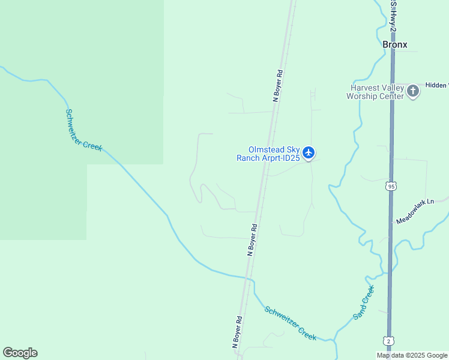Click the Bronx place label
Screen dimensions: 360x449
tap(395, 44)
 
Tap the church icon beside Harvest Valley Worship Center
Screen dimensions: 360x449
tap(413, 91)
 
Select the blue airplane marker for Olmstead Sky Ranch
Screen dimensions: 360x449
tap(309, 153)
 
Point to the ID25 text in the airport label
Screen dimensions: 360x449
tap(291, 158)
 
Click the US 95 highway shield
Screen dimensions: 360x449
tap(391, 187)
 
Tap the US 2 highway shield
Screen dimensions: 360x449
tap(388, 341)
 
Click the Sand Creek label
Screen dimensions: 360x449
tap(363, 302)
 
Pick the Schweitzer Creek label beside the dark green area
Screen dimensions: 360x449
tap(83, 130)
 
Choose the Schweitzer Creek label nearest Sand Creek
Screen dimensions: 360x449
tap(291, 324)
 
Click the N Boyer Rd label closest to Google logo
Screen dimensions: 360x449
tap(237, 332)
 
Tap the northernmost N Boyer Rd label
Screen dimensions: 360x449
tap(277, 86)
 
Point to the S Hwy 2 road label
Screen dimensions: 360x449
tap(393, 11)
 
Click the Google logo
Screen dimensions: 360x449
tap(20, 353)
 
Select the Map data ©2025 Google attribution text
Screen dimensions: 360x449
tap(412, 355)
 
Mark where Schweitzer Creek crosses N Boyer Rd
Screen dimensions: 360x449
tap(247, 278)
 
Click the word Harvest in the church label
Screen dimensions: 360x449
tap(364, 88)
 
